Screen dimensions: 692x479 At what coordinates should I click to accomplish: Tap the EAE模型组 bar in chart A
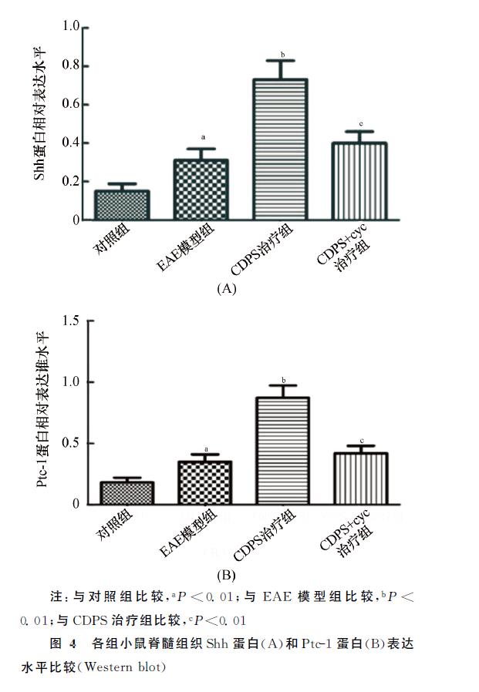click(x=201, y=190)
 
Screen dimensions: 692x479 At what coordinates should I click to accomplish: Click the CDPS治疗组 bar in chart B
click(x=282, y=451)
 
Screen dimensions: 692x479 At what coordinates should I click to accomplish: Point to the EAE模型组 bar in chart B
click(x=204, y=483)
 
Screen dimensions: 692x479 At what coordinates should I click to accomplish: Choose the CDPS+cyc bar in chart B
click(x=360, y=479)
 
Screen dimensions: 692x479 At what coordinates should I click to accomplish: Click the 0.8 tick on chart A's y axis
click(x=71, y=66)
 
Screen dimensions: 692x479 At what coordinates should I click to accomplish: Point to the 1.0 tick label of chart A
click(x=71, y=27)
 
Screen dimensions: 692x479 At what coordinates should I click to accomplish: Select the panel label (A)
click(x=226, y=288)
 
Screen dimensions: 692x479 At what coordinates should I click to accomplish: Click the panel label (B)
click(x=226, y=574)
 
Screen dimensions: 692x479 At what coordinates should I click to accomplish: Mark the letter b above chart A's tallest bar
click(x=282, y=55)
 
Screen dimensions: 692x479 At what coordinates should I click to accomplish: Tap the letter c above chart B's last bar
click(x=361, y=440)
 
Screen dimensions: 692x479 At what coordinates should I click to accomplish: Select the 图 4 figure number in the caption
click(x=62, y=643)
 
